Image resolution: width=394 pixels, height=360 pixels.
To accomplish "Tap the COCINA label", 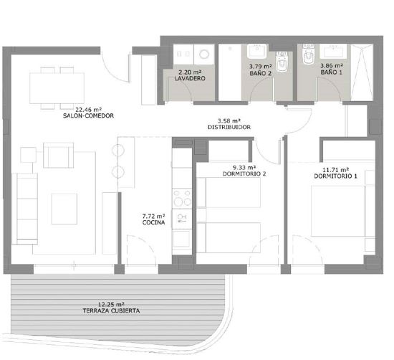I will (x=154, y=222).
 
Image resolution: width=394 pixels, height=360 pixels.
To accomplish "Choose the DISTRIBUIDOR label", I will (x=229, y=128).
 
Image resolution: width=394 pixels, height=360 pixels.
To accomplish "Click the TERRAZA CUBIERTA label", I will (x=110, y=312).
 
